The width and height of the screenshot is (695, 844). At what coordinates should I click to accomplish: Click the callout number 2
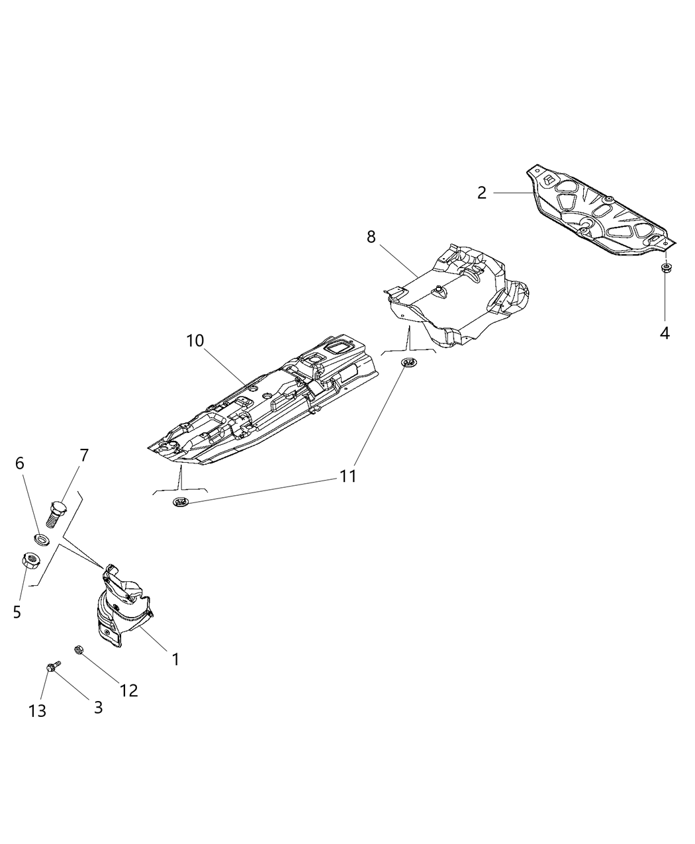(x=482, y=193)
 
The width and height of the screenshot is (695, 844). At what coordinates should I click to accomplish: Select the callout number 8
(x=371, y=236)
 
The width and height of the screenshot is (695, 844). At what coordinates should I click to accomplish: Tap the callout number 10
(x=195, y=341)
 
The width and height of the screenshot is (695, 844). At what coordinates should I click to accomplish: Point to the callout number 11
(x=348, y=476)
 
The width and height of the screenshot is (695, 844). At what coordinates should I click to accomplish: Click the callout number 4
(x=664, y=333)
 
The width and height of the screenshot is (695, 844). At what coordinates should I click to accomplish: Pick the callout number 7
(x=84, y=455)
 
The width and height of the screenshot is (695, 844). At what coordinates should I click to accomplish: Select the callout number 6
(x=20, y=463)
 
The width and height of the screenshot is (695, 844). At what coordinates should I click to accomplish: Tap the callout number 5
(x=17, y=612)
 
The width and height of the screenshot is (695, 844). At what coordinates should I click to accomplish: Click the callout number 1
(x=175, y=659)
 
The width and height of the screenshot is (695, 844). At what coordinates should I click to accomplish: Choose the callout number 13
(x=38, y=711)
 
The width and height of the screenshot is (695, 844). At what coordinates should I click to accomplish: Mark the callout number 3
(x=98, y=707)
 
